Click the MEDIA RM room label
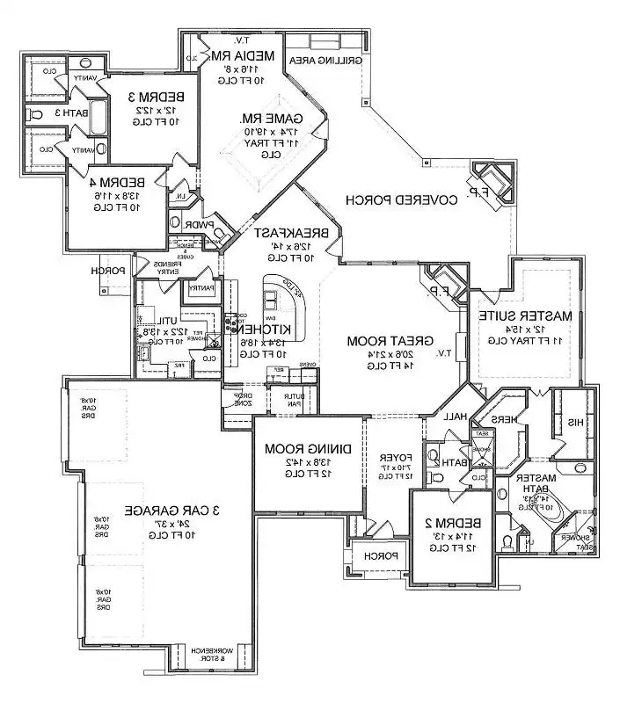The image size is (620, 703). (244, 55)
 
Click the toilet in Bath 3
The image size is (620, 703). (36, 114)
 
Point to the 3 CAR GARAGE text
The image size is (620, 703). (159, 510)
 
